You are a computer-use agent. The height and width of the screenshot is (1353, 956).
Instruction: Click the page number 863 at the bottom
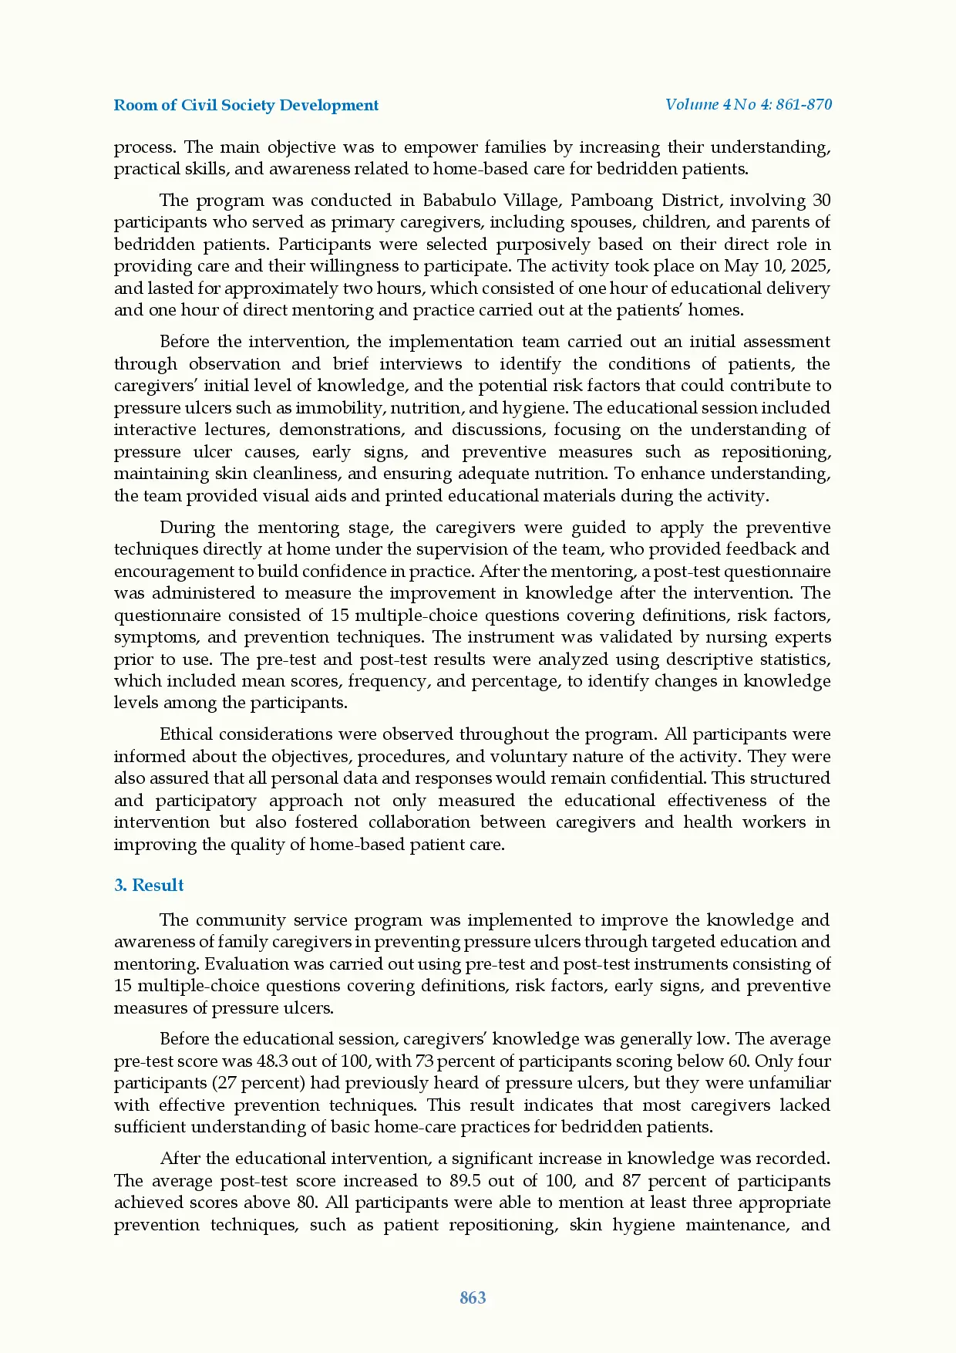(x=473, y=1297)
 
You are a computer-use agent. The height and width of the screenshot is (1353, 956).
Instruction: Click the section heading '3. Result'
(x=149, y=885)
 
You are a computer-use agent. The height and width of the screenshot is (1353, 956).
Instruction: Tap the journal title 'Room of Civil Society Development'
(x=246, y=105)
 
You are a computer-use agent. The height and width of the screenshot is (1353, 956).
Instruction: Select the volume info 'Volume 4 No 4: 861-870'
(x=749, y=104)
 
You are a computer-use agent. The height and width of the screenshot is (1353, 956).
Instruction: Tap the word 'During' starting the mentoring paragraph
(x=185, y=528)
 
